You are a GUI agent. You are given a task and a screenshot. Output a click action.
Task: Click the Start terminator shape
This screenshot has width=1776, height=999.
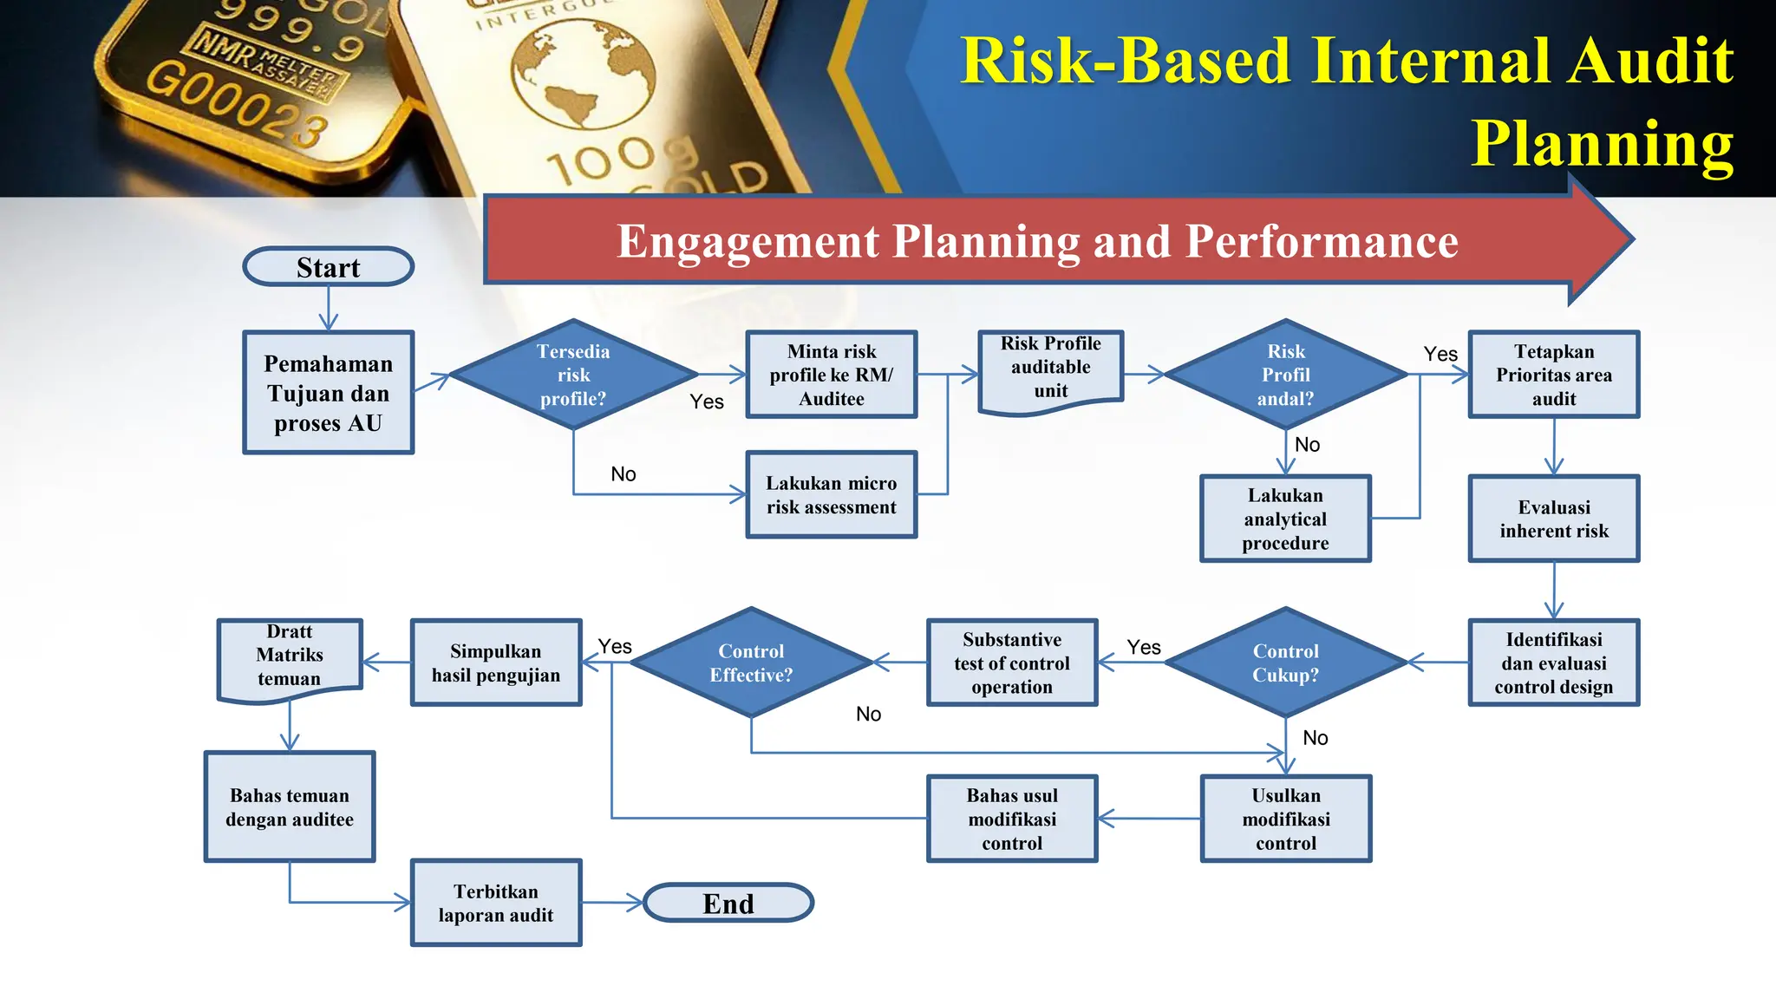(328, 267)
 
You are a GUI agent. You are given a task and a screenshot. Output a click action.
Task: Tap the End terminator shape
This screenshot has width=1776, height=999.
(728, 903)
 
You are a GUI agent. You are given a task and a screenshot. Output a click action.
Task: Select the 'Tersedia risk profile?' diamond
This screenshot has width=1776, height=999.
(573, 375)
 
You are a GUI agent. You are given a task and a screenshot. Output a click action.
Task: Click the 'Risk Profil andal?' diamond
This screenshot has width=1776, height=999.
(1285, 375)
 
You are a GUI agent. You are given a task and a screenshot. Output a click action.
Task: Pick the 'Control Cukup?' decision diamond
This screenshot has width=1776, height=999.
(1285, 663)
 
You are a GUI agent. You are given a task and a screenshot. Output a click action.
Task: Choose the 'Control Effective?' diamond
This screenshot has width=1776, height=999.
(751, 663)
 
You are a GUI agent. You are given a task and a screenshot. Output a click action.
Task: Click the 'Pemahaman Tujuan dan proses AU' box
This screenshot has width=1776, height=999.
(328, 392)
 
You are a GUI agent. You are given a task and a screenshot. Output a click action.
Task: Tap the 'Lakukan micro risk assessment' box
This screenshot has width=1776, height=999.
(831, 494)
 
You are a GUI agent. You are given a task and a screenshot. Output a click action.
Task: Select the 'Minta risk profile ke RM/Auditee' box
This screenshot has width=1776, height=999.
(831, 375)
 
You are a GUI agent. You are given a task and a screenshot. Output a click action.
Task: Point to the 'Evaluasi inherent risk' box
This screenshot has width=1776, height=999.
(1553, 519)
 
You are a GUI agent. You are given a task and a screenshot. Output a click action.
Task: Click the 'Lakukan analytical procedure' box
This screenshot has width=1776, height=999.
(1285, 519)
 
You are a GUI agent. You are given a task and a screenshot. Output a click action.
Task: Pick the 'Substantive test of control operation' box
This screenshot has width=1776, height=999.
(1012, 663)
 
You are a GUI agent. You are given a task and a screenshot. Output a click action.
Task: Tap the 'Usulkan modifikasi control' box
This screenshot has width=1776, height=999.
(1285, 819)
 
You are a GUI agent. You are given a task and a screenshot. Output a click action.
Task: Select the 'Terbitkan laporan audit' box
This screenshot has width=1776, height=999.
(495, 903)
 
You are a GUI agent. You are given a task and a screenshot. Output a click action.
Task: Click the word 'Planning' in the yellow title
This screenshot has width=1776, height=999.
(1603, 143)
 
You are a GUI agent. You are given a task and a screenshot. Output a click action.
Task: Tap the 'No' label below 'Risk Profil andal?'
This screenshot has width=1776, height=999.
(1307, 445)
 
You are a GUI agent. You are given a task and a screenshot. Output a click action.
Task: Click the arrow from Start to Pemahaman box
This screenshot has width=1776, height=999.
(328, 309)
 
